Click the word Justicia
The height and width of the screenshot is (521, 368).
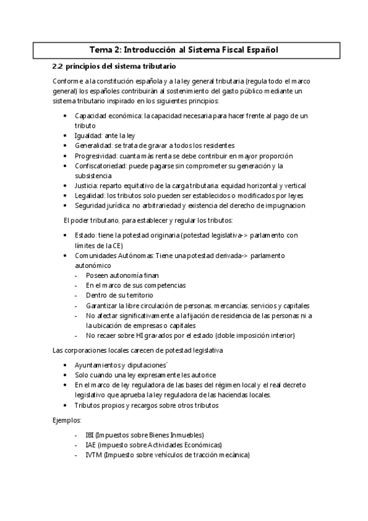[85, 186]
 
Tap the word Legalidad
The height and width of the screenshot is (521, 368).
[88, 195]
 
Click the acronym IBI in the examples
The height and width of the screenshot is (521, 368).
[90, 435]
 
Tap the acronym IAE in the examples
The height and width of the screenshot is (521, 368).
[90, 445]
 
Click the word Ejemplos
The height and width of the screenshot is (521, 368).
[67, 420]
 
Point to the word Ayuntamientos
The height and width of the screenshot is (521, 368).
[100, 365]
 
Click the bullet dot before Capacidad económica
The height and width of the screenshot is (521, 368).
[66, 116]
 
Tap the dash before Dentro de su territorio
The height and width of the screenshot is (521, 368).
[76, 296]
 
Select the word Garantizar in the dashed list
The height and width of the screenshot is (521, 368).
[103, 305]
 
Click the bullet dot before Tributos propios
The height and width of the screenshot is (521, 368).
[66, 405]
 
